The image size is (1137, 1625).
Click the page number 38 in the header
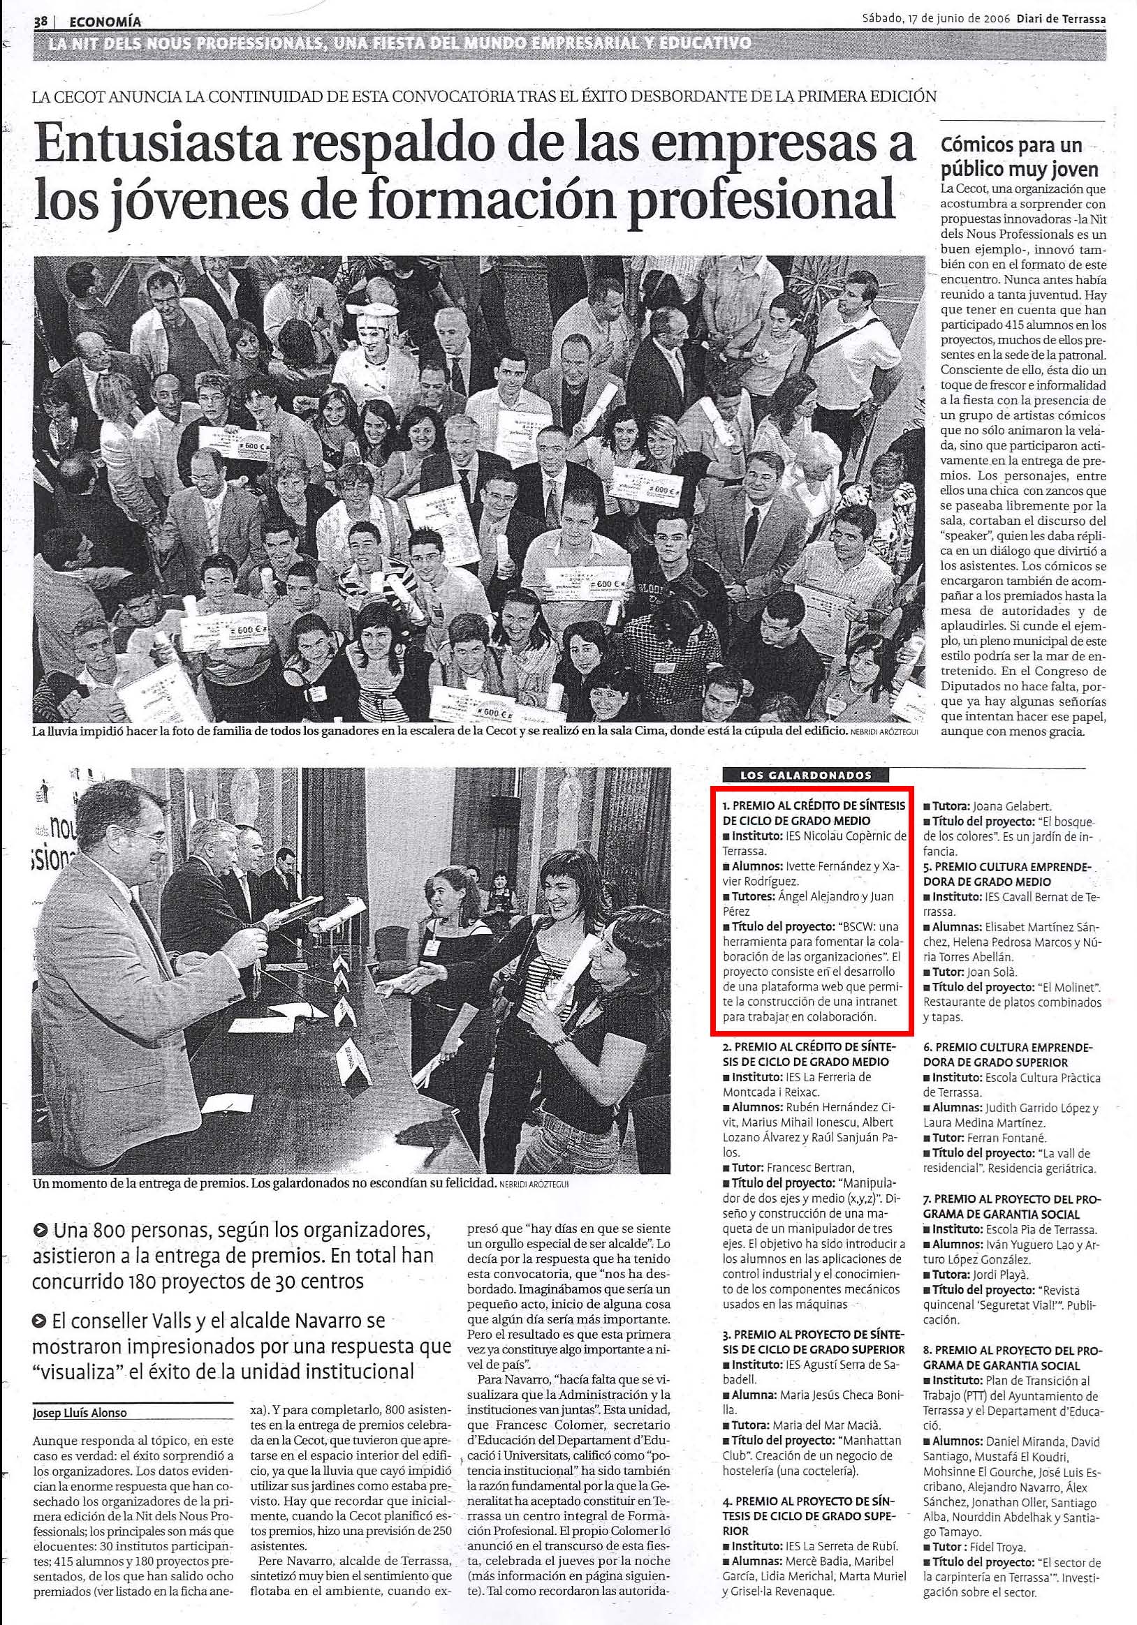40,22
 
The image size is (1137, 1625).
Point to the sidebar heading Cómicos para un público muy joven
1019,158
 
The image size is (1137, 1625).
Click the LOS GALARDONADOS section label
795,775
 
